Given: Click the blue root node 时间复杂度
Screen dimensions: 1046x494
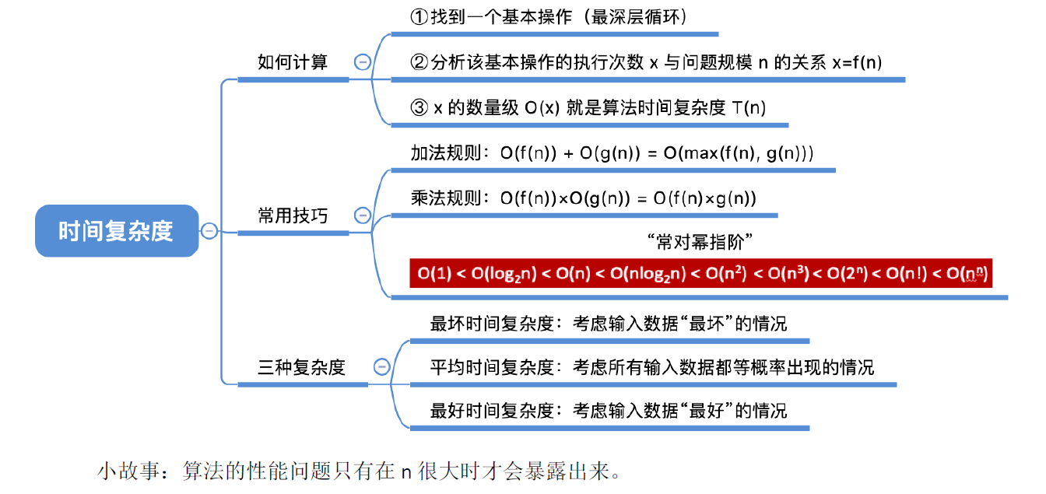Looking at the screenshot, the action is tap(116, 231).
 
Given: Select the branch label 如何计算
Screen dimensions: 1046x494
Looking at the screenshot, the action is tap(293, 62).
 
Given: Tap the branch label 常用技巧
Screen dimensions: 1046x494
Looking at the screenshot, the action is tap(293, 215).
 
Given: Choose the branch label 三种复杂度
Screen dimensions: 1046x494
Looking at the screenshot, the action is tap(301, 367).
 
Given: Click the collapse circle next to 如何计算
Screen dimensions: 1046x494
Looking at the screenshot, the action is tap(363, 62).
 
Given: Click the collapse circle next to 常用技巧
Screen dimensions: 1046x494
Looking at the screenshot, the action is tap(363, 215).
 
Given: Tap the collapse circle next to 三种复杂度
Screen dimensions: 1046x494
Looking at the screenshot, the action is tap(381, 367).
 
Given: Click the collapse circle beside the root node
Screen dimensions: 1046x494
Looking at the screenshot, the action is tap(209, 230).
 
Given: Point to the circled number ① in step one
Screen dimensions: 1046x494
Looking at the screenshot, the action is tap(419, 16).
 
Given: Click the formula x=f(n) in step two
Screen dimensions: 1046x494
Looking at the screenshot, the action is tap(856, 63).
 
